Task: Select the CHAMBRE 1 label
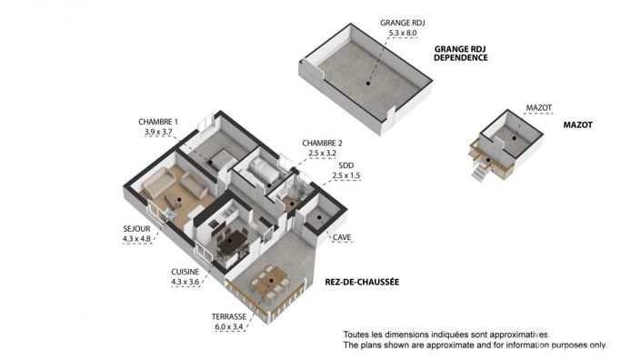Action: [x=158, y=122]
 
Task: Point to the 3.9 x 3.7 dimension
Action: [x=158, y=133]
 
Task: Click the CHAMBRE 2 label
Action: [x=322, y=144]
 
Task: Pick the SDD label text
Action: [x=346, y=165]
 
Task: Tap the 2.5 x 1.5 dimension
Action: [x=346, y=175]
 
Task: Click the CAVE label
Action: [x=342, y=238]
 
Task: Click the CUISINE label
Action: [x=185, y=272]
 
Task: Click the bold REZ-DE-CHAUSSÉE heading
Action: [x=362, y=283]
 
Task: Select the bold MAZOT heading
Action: [x=578, y=125]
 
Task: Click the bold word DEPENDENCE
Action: [x=461, y=57]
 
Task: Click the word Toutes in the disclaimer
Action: [x=357, y=335]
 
